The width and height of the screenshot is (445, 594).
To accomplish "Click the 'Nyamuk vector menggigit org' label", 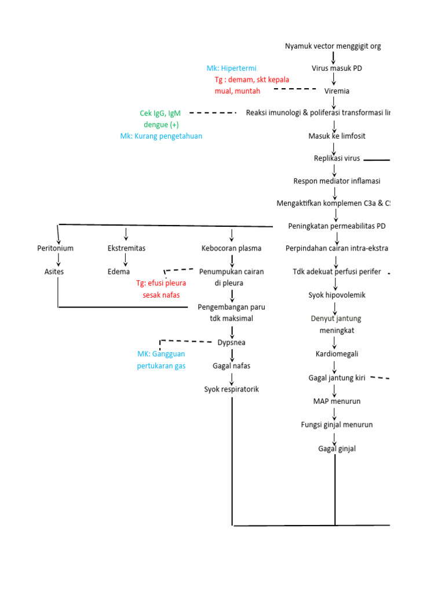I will click(333, 46).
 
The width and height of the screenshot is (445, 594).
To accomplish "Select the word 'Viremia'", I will click(337, 91).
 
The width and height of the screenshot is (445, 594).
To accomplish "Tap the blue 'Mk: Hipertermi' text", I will click(231, 68).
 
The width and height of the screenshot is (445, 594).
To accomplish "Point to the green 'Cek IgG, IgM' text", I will click(160, 114).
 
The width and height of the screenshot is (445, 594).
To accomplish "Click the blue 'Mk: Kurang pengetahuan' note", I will click(161, 136).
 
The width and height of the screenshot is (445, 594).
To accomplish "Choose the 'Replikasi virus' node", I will click(337, 158).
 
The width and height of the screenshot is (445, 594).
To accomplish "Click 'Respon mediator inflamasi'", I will click(337, 181).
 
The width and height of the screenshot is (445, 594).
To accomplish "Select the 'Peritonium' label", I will click(55, 248).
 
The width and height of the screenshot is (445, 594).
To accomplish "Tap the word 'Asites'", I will click(55, 271).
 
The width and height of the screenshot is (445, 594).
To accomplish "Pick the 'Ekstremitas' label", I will click(126, 248).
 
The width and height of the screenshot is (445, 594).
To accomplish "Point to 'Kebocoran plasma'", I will click(231, 248).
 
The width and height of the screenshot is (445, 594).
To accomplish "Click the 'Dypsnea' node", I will click(232, 342).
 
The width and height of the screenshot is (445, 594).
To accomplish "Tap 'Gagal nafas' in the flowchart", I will click(232, 366).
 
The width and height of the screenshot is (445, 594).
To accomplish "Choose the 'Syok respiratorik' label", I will click(232, 389).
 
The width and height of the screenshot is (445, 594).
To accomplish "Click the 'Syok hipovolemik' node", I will click(337, 295).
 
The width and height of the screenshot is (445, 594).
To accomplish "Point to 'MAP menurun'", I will click(337, 401).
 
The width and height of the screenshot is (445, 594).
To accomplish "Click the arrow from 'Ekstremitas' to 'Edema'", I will click(126, 260).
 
